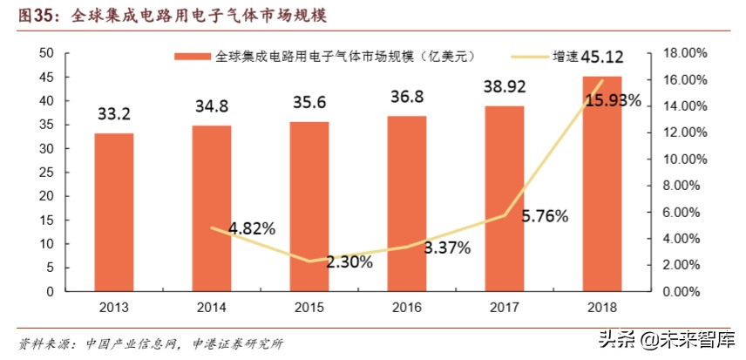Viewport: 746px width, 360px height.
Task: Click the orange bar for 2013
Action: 114,213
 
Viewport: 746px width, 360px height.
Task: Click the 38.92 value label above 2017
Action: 505,87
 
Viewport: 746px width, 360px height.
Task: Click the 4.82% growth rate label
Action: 252,228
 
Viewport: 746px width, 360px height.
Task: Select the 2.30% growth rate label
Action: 349,261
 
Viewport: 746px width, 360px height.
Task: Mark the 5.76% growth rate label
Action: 545,214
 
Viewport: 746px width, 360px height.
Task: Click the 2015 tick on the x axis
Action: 309,305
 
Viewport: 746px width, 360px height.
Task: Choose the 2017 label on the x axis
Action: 505,305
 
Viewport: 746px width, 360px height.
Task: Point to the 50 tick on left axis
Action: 48,53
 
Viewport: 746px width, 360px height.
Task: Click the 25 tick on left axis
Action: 48,173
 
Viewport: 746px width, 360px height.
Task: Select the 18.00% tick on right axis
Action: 683,53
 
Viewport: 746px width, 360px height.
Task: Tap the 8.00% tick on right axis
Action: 683,186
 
